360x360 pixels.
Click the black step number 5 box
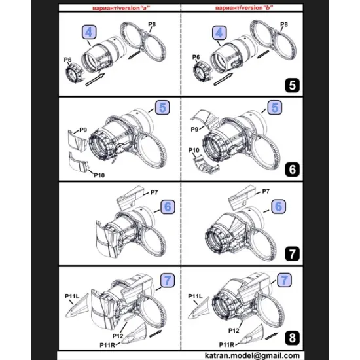[x=293, y=84]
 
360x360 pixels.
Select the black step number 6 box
[x=293, y=170]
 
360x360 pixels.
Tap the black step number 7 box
[x=293, y=253]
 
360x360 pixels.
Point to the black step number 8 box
[x=293, y=337]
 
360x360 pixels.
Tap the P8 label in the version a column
[x=151, y=24]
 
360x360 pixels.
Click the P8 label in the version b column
[x=283, y=24]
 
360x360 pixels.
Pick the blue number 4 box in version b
[x=219, y=31]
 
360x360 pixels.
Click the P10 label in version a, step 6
[x=100, y=175]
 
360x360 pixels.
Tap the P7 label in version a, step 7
[x=155, y=192]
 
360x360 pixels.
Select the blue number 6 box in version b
[x=279, y=206]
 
